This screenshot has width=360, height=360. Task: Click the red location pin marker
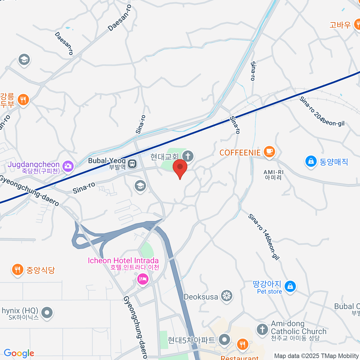click(180, 167)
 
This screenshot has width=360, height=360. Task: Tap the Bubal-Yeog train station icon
click(132, 164)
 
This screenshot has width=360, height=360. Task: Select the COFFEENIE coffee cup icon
click(269, 151)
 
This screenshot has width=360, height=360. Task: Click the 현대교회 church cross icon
click(188, 156)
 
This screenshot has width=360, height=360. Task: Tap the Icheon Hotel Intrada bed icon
click(143, 280)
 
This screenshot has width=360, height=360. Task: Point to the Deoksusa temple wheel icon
click(226, 296)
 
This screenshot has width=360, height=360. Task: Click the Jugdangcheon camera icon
click(68, 166)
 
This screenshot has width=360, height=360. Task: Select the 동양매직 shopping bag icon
click(311, 161)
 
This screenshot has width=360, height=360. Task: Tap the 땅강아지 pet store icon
click(290, 286)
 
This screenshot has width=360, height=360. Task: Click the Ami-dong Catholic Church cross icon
click(262, 329)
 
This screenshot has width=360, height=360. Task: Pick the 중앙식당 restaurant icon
click(18, 269)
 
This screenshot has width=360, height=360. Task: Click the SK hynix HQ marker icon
click(47, 313)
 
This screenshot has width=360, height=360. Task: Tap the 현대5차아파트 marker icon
click(224, 340)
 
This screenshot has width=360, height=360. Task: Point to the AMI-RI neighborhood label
click(273, 175)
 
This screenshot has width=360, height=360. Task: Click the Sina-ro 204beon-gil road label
click(322, 111)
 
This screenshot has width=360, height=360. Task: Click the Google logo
click(19, 353)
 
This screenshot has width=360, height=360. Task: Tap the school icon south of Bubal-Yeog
click(140, 186)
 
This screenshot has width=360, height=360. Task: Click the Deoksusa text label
click(201, 297)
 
